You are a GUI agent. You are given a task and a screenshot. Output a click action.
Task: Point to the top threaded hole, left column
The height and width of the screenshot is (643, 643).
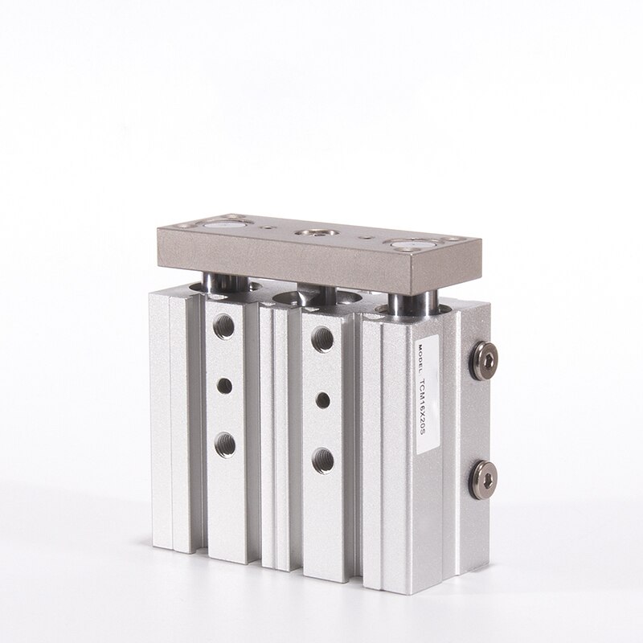click(x=223, y=326)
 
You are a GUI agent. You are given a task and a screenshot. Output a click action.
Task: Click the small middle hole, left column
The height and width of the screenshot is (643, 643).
click(x=225, y=386)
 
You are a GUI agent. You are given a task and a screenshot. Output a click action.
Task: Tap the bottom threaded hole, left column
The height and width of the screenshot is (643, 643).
click(x=225, y=445)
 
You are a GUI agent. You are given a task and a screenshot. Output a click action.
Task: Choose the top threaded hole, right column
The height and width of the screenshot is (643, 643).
click(x=322, y=338)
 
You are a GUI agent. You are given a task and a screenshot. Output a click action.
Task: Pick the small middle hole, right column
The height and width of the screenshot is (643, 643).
click(x=323, y=400)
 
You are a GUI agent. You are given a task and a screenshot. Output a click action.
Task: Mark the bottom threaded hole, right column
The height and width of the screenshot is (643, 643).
click(x=323, y=461)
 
